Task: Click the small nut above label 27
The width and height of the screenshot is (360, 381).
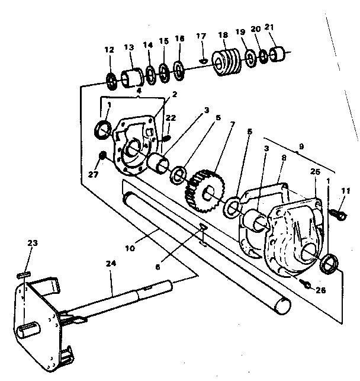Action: coord(102,155)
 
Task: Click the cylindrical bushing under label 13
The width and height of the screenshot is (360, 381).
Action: coord(132,77)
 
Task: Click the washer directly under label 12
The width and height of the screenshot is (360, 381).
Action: coord(111,78)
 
